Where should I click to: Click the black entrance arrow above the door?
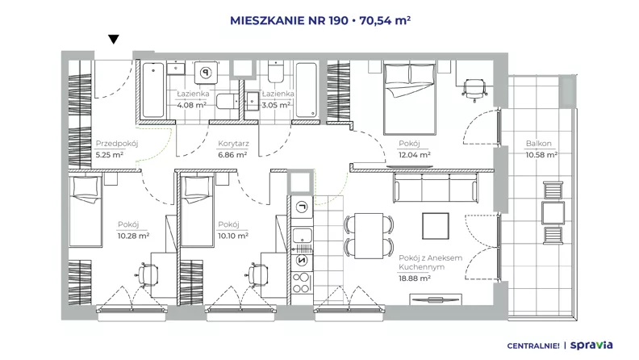(x=113, y=39)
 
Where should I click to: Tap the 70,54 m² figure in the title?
(x=385, y=20)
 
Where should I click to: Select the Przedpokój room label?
(x=117, y=144)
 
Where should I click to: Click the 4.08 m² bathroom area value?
(x=191, y=105)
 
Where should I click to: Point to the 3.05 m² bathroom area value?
(x=276, y=105)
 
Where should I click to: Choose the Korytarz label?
(x=233, y=144)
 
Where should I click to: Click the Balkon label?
(x=538, y=144)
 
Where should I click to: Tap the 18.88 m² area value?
(x=415, y=278)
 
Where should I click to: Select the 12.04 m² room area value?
(x=415, y=155)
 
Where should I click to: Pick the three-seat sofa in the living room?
(x=435, y=188)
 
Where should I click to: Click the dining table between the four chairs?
(x=369, y=236)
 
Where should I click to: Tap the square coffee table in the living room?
(x=436, y=226)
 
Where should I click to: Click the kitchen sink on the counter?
(x=302, y=236)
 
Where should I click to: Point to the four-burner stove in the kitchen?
(x=302, y=283)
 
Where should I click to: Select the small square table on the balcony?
(x=553, y=212)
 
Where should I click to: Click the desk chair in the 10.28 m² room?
(x=147, y=274)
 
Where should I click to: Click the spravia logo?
(x=591, y=345)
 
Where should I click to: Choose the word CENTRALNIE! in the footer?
(x=533, y=346)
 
